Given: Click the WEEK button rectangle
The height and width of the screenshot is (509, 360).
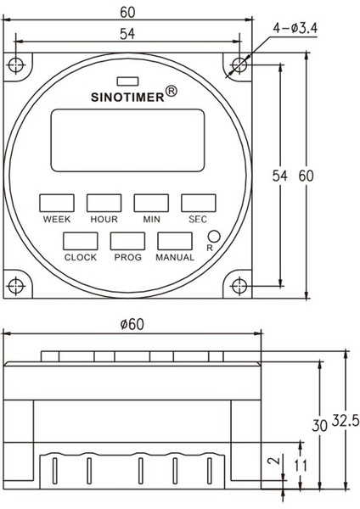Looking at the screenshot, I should (56, 203).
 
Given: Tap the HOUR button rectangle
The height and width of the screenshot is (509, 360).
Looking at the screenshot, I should (104, 203).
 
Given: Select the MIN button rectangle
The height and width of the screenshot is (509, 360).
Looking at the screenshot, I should (150, 203).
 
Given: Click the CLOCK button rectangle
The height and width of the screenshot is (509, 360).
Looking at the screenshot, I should (80, 241).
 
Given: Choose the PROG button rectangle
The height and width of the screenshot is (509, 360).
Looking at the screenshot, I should (127, 241).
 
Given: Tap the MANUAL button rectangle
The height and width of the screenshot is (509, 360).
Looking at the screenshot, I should (174, 241).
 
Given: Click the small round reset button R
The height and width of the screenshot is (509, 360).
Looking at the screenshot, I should (213, 238).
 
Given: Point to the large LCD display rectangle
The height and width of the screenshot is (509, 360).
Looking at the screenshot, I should (127, 141).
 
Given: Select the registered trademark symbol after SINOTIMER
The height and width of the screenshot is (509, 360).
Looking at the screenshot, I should (171, 91).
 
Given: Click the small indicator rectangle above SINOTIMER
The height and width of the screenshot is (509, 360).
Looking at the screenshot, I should (127, 81).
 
